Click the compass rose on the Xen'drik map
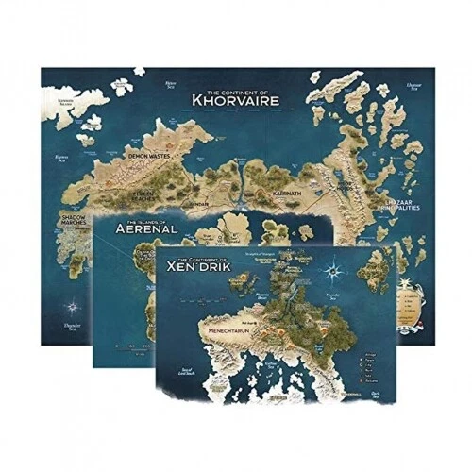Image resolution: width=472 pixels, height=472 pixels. (334, 273)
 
